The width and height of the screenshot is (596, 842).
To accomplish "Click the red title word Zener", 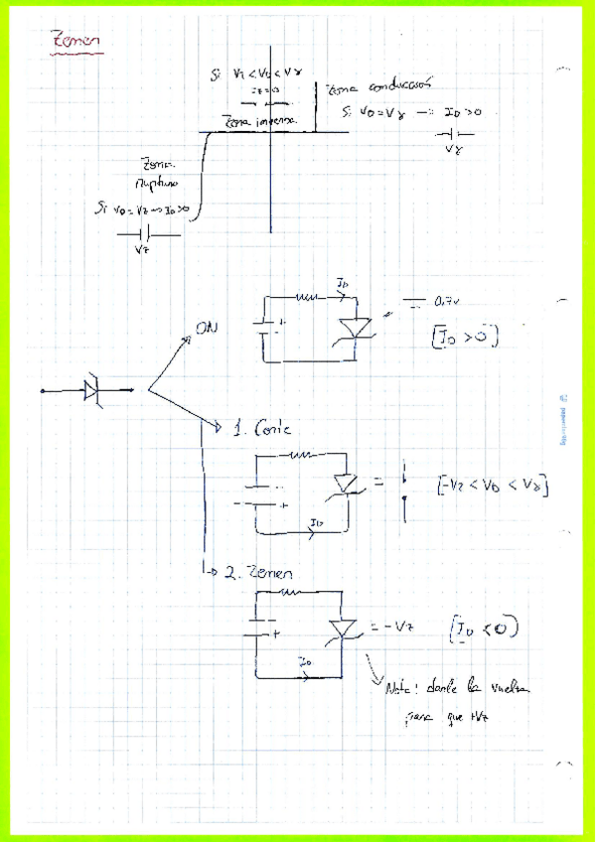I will [x=75, y=41].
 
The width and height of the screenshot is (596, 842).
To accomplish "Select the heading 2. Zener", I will [x=260, y=574].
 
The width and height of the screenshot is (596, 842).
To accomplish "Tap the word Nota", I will [x=397, y=687].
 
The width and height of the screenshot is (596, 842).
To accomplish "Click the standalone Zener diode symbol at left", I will [x=92, y=390].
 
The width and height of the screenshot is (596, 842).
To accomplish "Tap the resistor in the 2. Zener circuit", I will [x=291, y=594].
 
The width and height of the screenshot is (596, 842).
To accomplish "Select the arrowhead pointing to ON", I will [x=187, y=340].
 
